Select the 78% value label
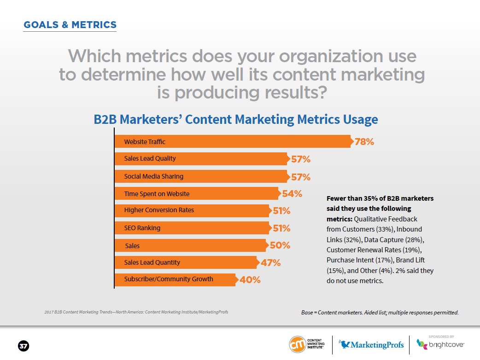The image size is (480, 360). coord(364,142)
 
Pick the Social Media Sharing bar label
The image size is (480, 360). coord(154,176)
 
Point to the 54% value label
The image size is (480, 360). coord(292,194)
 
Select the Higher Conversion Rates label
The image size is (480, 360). coord(159,210)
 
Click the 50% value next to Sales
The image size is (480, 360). coord(280,245)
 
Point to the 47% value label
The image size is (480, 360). coord(271,263)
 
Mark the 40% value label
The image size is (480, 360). coord(250,280)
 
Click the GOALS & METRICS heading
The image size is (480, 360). coord(70,25)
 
